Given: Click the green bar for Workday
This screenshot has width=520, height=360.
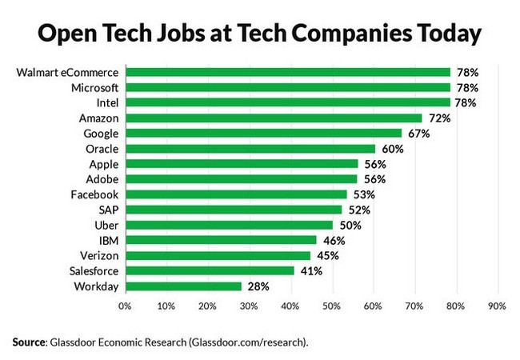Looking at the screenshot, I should click(182, 286).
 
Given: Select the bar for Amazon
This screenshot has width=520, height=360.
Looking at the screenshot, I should click(273, 118).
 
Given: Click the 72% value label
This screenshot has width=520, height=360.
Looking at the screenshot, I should click(438, 118).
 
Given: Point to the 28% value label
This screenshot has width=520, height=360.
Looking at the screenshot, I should click(257, 286).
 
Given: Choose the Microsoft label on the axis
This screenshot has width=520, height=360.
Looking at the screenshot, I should click(94, 87).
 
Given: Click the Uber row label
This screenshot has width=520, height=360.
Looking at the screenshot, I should click(107, 225).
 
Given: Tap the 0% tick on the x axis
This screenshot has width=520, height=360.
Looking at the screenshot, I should click(124, 305).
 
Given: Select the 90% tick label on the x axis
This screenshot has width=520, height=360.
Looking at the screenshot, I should click(496, 305).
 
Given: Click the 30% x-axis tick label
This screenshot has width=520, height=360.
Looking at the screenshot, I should click(248, 305).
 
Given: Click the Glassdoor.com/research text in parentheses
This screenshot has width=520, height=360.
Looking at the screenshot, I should click(246, 342).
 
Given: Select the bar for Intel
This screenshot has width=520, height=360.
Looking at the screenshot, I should click(287, 102).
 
